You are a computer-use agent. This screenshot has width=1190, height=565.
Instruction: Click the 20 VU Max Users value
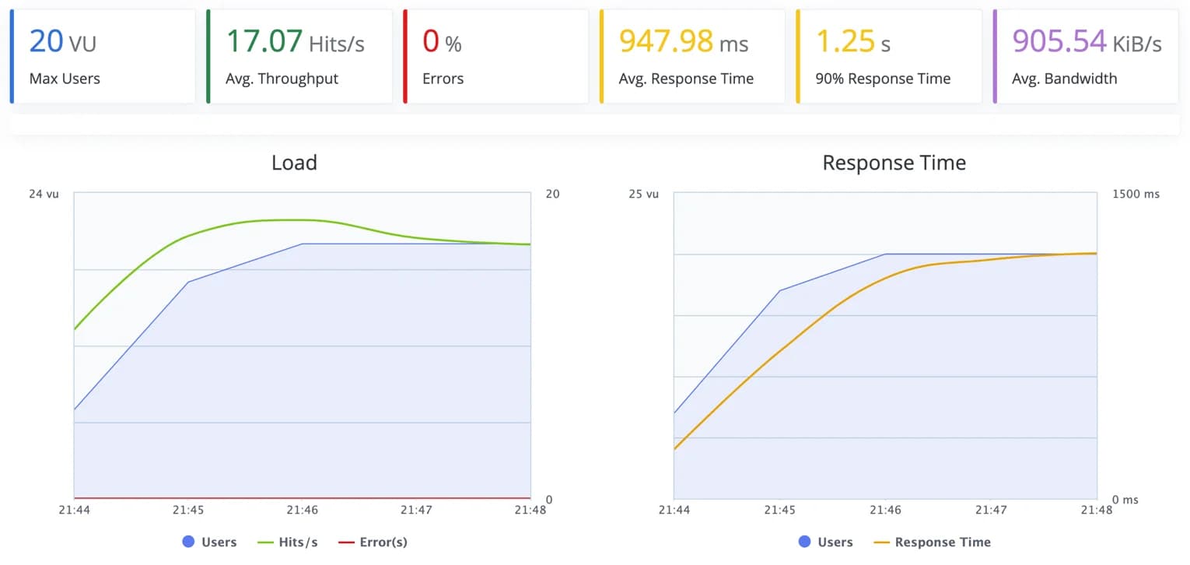coord(62,41)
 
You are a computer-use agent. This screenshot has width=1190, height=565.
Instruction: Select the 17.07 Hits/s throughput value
coord(294,41)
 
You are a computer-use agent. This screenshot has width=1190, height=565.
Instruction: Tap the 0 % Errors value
coord(441,41)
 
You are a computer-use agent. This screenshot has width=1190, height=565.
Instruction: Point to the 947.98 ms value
coord(683,41)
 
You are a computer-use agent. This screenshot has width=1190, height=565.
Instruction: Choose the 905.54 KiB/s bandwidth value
coord(1087,41)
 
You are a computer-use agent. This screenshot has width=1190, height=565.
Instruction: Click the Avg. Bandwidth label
coord(1064,79)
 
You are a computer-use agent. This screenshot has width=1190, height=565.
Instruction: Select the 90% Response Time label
coord(883,79)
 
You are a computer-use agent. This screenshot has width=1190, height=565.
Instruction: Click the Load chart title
coord(294,163)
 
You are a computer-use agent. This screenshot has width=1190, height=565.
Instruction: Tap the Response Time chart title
coord(894,163)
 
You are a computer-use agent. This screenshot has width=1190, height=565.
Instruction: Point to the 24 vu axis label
coord(44,194)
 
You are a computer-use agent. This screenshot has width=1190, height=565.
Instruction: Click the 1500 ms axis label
coord(1136,194)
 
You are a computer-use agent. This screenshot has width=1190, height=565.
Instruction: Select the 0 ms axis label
coord(1125,500)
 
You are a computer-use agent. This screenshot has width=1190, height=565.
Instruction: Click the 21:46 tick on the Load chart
coord(302,511)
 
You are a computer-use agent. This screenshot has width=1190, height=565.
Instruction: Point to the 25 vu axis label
coord(643,194)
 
